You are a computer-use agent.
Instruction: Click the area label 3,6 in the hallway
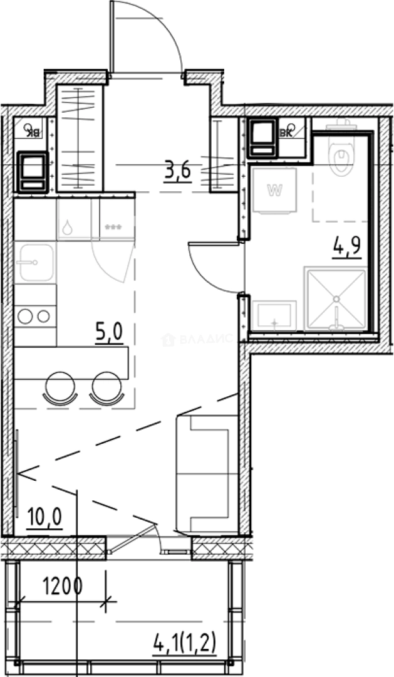[x=177, y=171]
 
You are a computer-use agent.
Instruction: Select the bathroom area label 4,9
[x=346, y=246]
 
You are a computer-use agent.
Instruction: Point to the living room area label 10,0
[x=44, y=520]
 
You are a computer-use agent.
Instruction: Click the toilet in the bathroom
[x=342, y=157]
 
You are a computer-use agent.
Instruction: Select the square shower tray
[x=335, y=298]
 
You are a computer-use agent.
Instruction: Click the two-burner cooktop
[x=34, y=316]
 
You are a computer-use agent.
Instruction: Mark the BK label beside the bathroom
[x=289, y=131]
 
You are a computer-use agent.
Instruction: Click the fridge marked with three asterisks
[x=113, y=219]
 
